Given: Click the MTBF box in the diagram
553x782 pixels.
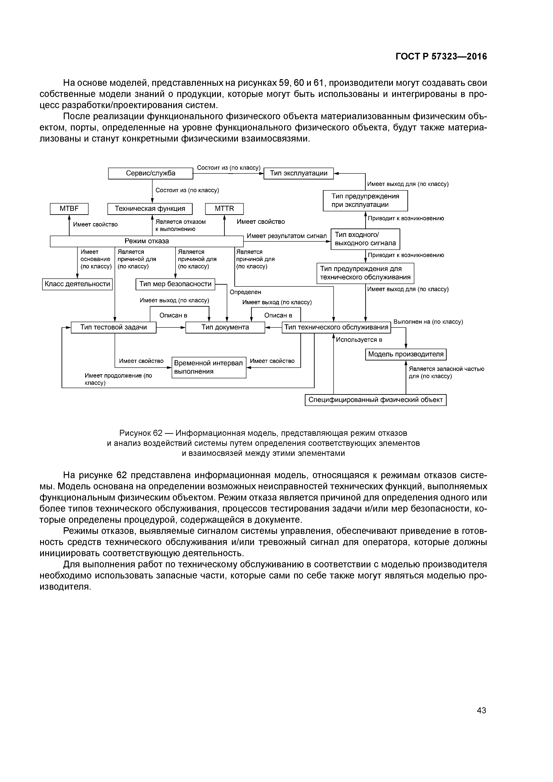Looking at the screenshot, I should pos(69,209).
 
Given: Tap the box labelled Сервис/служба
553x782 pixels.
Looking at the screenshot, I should pos(151,173).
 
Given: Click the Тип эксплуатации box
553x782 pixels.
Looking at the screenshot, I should pos(299,173).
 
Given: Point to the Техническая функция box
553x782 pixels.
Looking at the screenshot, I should pos(150,209).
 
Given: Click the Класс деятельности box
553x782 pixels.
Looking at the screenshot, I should pos(77,284).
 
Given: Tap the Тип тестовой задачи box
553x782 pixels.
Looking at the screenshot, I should pos(113,327).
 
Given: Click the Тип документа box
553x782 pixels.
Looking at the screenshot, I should pos(225,327).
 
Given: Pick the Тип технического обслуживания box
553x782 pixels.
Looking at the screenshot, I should pos(336,327).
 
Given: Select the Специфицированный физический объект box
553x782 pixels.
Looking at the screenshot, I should pos(376,400).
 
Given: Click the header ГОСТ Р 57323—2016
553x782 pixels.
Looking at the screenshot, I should pos(441,57).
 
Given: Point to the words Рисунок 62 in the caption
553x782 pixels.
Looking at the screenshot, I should pos(141,433).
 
